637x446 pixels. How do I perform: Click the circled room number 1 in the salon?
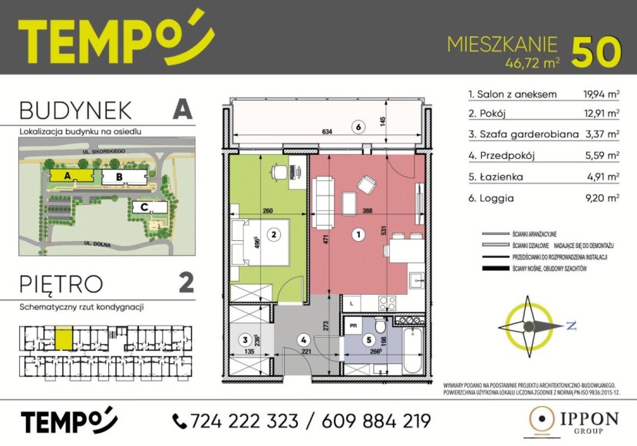356,233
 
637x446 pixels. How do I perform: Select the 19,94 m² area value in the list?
601,95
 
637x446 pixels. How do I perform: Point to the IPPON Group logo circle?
543,421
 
